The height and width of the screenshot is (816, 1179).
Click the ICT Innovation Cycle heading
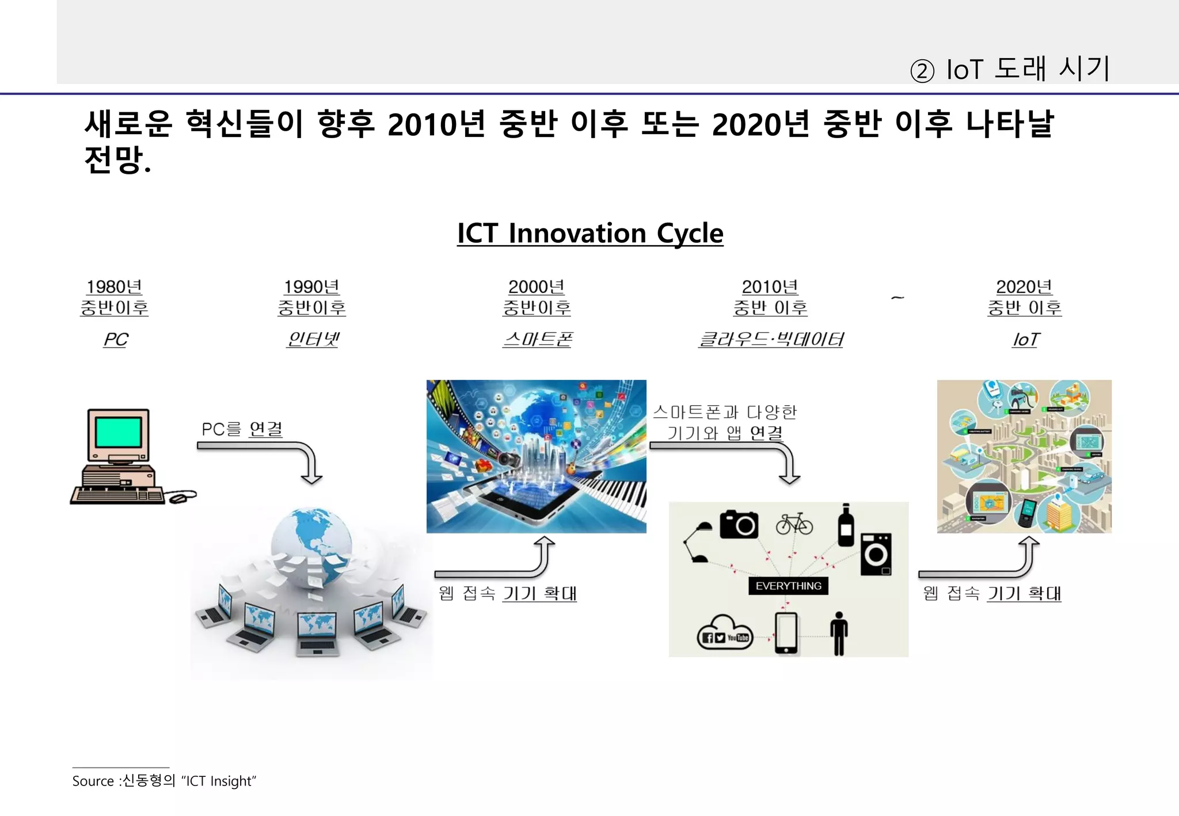tap(589, 234)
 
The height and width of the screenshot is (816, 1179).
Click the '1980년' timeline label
tap(114, 287)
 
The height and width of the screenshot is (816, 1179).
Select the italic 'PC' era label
tap(116, 340)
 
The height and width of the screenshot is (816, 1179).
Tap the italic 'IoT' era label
tap(1025, 340)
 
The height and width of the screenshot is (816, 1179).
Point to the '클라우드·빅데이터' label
tap(770, 340)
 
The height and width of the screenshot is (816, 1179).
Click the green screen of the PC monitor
tap(118, 432)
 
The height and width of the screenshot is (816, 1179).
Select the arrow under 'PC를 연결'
tap(271, 457)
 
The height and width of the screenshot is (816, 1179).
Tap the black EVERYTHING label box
tap(788, 586)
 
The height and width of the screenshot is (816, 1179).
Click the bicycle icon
tap(794, 524)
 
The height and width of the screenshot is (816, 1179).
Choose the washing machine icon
tap(876, 554)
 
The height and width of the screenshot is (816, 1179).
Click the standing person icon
tap(839, 633)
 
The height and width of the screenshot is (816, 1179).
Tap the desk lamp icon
tap(697, 542)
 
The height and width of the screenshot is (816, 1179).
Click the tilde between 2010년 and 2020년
tap(897, 298)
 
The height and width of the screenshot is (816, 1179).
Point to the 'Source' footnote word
tap(93, 781)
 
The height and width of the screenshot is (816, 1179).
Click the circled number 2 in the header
tap(922, 71)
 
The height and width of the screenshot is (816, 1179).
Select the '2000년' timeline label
tap(536, 287)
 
